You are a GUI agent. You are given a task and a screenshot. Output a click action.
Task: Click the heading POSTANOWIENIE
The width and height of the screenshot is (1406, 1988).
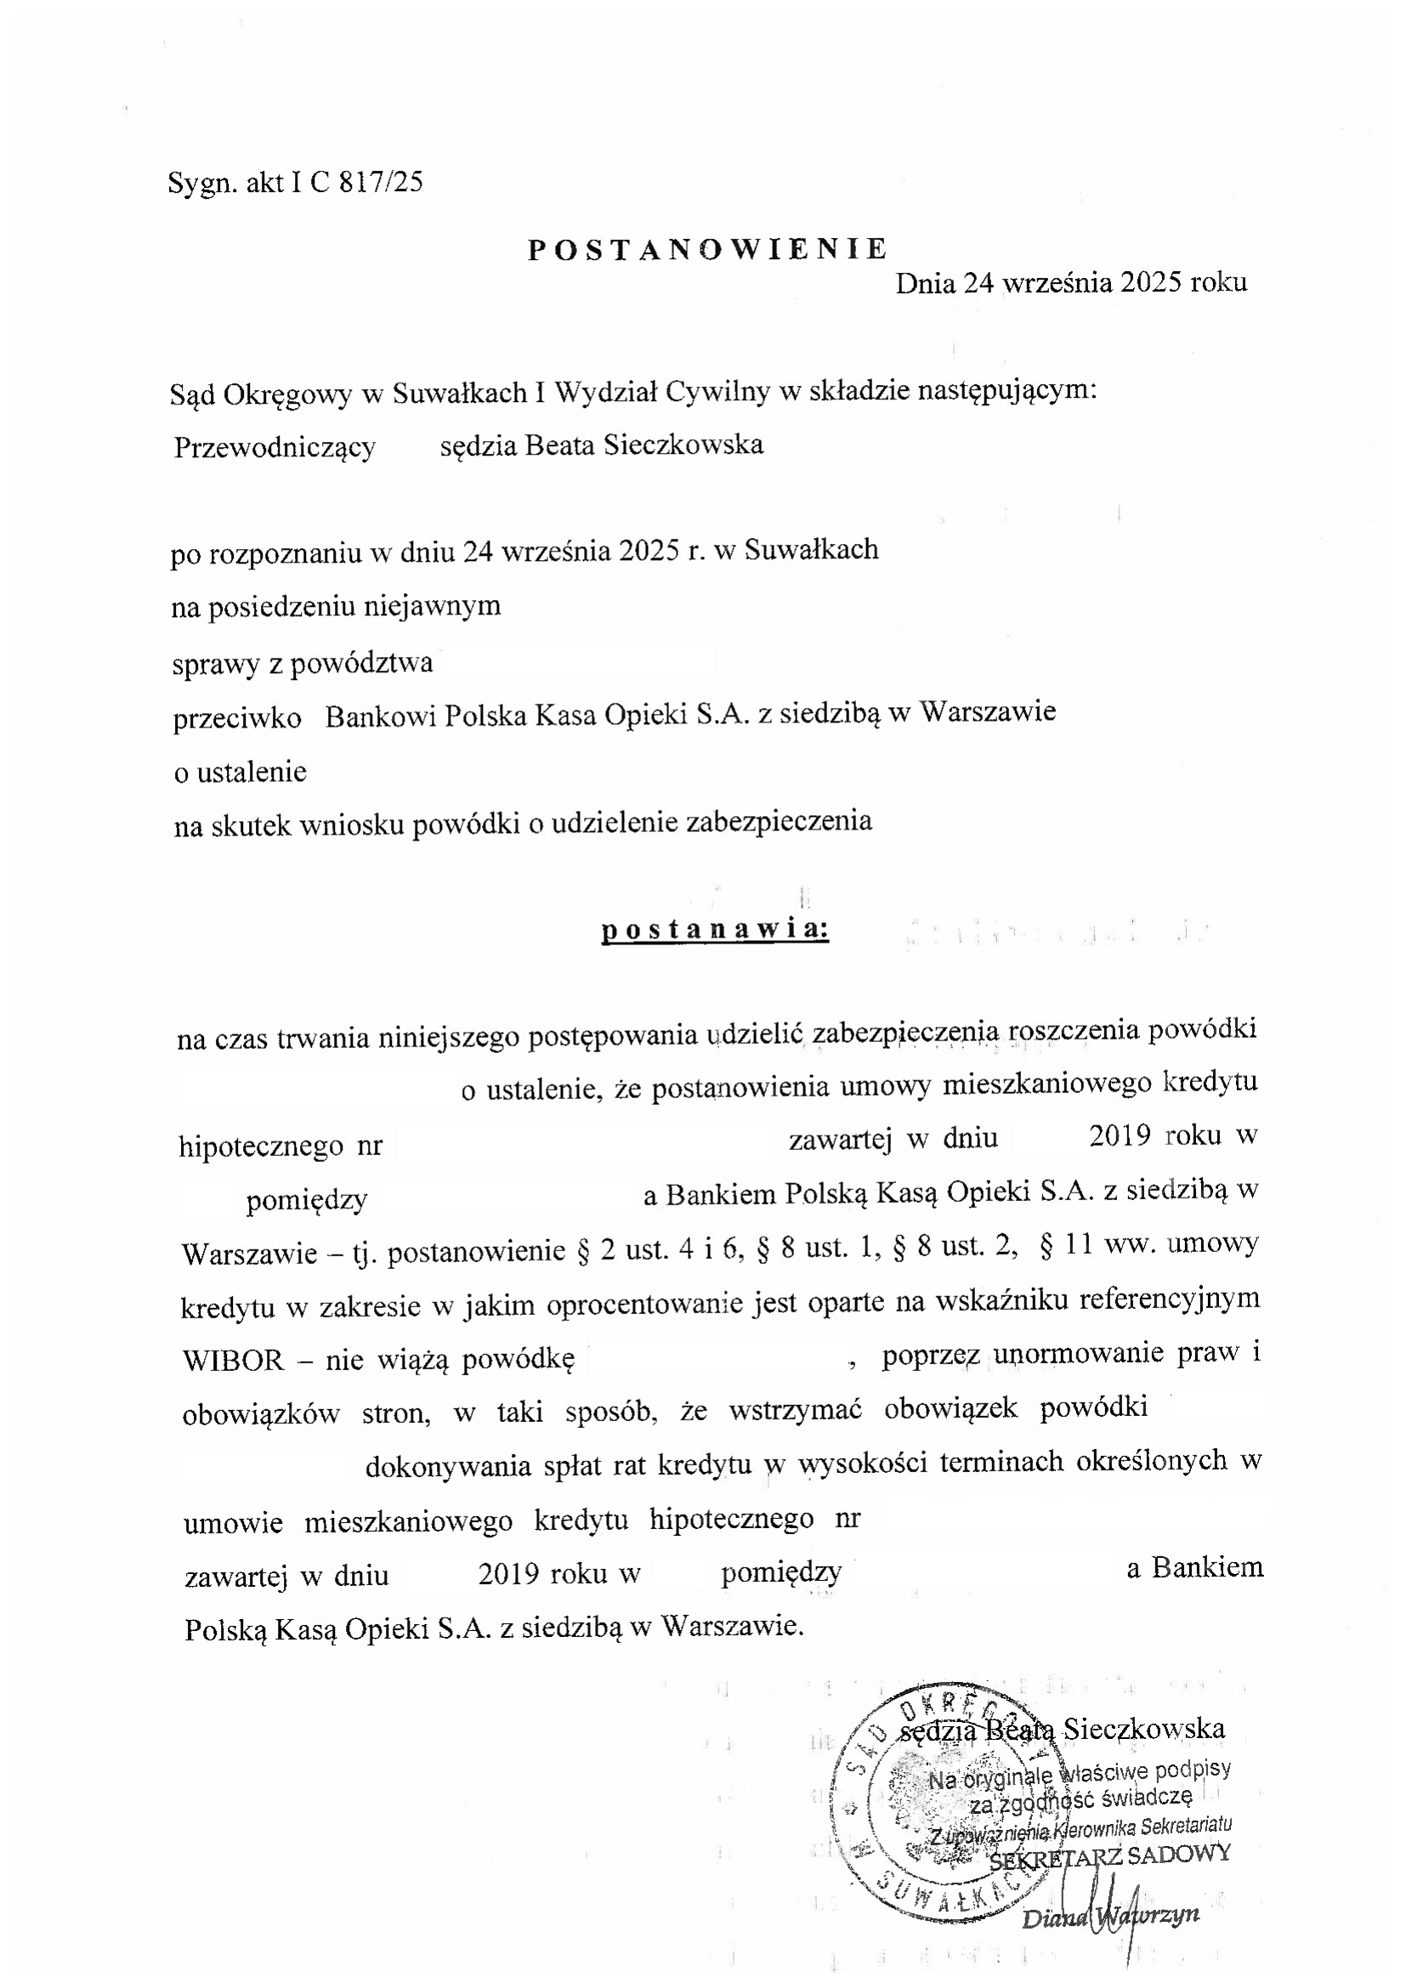point(707,249)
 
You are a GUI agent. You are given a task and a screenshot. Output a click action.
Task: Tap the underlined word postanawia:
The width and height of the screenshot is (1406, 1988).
point(715,929)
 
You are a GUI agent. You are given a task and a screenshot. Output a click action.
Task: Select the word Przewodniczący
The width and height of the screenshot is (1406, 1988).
point(275,448)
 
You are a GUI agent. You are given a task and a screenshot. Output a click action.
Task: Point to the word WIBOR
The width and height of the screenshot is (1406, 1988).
point(233,1360)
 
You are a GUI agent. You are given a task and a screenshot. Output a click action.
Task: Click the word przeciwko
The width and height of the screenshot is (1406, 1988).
point(237,718)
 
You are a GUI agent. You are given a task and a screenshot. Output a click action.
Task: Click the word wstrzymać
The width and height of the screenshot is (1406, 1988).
point(795,1409)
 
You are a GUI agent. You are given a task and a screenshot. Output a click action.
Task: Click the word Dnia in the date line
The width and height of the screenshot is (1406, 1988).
point(924,283)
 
